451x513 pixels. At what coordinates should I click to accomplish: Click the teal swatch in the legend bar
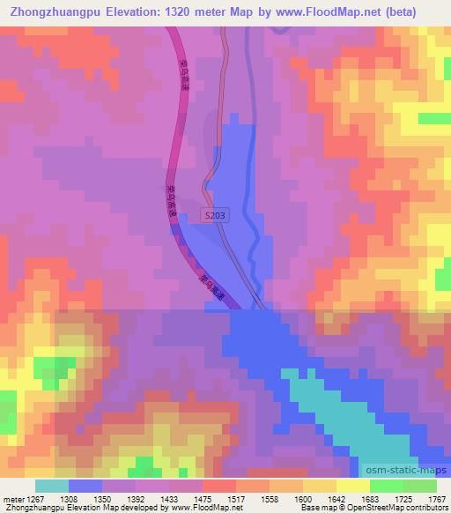pyautogui.click(x=52, y=486)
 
